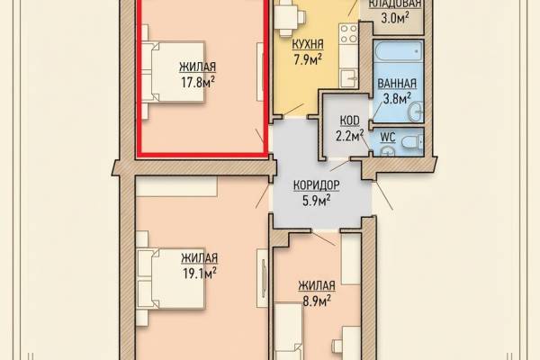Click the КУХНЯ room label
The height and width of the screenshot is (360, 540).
point(308,44)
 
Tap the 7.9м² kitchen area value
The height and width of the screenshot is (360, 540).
point(308,59)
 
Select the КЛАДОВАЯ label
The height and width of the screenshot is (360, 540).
point(395,4)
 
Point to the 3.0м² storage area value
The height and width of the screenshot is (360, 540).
point(395,17)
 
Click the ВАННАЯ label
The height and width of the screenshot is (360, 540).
point(397,84)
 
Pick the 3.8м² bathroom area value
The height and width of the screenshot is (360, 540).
point(397,98)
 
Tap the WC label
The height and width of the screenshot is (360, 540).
point(387,137)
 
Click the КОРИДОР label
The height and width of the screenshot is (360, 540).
point(317,185)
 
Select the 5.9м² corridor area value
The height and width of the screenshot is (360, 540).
point(317,200)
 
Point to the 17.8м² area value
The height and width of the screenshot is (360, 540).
point(198,82)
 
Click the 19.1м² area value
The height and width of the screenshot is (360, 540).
point(200,274)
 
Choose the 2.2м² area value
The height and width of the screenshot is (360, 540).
point(350,135)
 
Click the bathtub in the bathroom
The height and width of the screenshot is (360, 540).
point(398,50)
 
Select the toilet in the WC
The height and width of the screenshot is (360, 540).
point(412,141)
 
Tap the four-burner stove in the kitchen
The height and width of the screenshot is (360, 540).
point(348,34)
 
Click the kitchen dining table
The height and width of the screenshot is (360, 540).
point(287,16)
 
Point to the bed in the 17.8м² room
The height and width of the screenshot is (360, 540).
point(173,72)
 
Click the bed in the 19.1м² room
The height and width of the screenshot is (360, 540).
point(171,279)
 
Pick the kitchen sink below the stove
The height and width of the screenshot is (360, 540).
point(348,78)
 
